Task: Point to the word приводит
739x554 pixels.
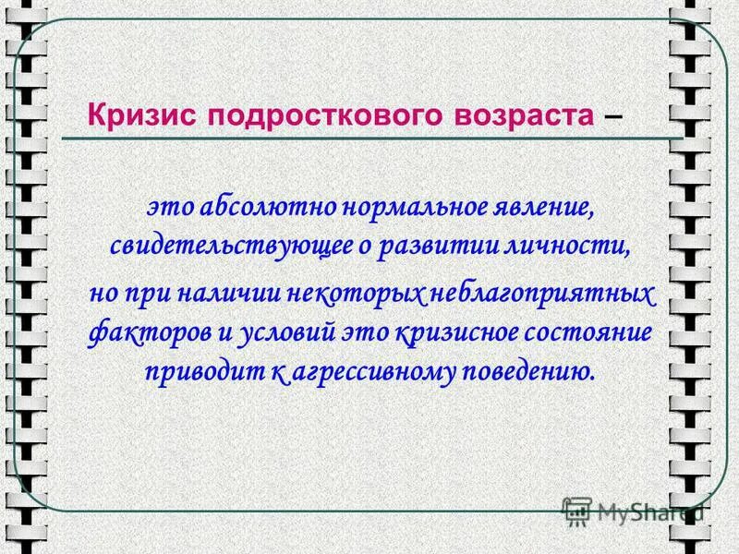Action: point(194,372)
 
